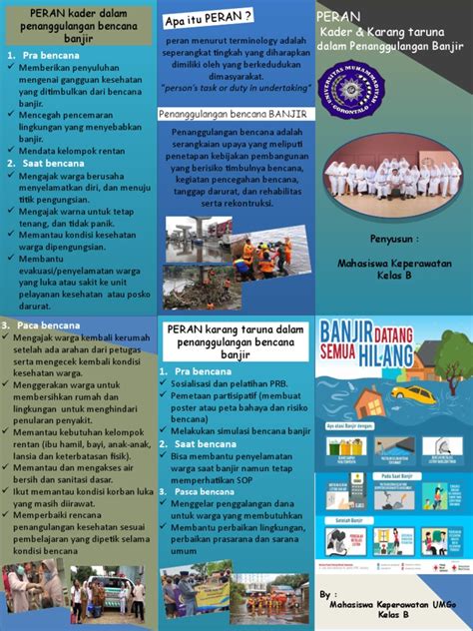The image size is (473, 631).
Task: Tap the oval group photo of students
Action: [x=394, y=176]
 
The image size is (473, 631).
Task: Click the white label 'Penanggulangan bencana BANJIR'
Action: [x=236, y=115]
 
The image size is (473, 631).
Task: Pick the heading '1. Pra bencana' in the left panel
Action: [x=36, y=57]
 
